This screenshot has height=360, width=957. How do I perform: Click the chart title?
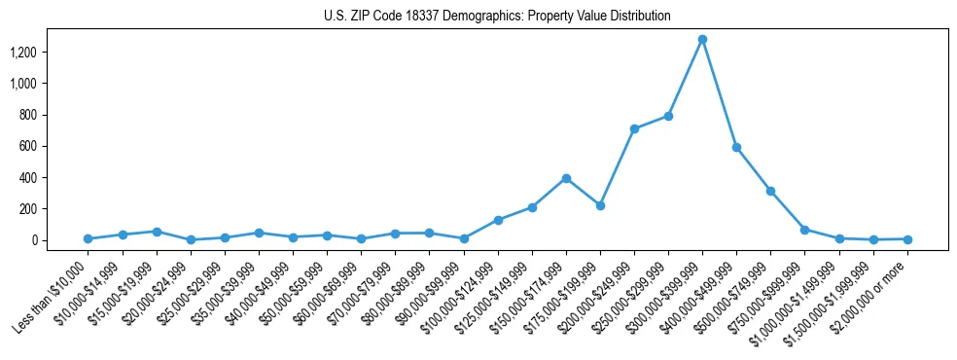coord(497,17)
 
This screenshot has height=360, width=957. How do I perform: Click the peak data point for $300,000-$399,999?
coord(702,40)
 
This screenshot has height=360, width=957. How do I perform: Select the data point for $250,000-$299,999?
coord(668,116)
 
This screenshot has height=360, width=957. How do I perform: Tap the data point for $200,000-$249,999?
coord(634,128)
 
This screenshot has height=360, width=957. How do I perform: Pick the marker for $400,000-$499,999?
coord(736,147)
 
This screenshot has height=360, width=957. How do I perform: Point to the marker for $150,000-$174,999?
coord(566,178)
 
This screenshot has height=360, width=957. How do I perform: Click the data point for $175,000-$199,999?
coord(600,205)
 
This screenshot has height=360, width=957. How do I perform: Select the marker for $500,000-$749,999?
coord(770,191)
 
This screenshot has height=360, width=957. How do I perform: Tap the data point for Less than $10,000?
coord(88,238)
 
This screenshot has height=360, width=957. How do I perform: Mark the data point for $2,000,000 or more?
coord(907,238)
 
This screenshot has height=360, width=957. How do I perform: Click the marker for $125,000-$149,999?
coord(532,207)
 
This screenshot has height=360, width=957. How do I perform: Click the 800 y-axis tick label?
coord(54,115)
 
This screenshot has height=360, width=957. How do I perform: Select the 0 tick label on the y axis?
coord(60,240)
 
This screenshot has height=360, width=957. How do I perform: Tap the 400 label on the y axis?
coord(54,178)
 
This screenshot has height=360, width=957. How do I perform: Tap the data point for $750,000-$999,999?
coord(804,230)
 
